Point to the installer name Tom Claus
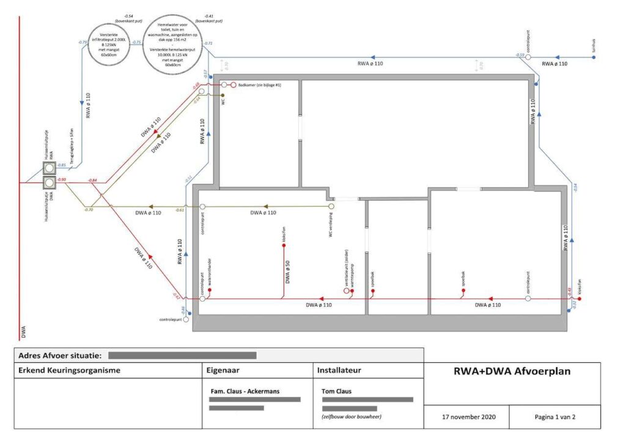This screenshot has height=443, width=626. coord(336,391)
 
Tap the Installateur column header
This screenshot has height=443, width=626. coord(339,370)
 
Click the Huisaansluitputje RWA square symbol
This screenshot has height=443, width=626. coord(49,167)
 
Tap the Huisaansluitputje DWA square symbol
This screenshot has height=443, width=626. coord(49,182)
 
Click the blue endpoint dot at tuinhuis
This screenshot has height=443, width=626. coord(594,58)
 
